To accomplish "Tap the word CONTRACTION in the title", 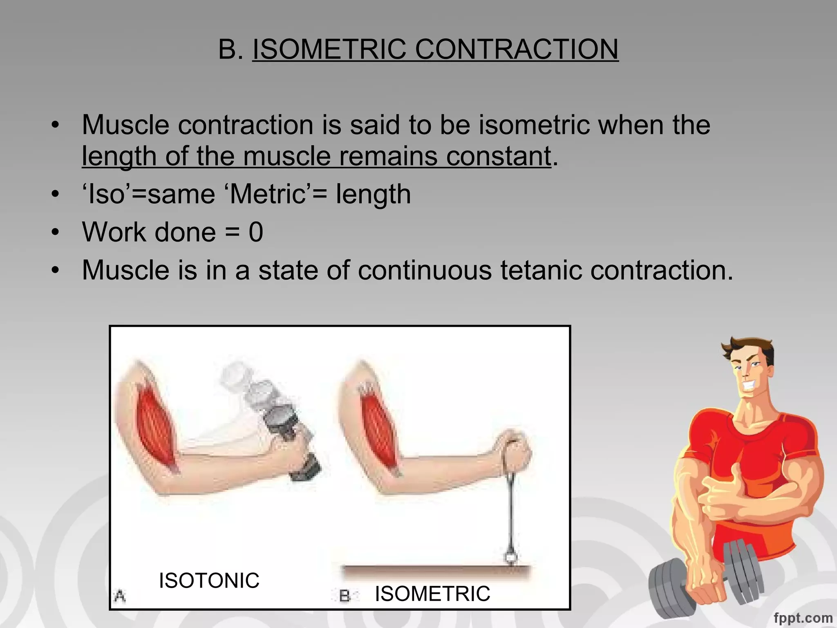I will (517, 49).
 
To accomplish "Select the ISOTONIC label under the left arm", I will (209, 580).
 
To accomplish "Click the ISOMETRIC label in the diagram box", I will (432, 594).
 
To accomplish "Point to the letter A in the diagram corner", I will (120, 596).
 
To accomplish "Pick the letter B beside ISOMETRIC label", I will (345, 596).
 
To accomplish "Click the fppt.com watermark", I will (803, 617).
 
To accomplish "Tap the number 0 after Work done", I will (256, 232).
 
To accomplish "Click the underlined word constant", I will (498, 156).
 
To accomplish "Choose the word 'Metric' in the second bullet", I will (268, 194).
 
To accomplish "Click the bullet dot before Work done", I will (56, 232).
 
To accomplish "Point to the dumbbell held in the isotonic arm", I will (286, 429).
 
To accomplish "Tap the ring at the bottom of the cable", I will (510, 557).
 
